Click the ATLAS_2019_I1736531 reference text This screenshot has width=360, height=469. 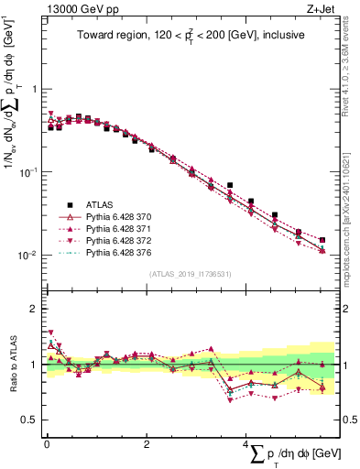point(190,274)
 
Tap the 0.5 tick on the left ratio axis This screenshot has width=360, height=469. point(29,420)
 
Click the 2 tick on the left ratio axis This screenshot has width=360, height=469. point(34,309)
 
